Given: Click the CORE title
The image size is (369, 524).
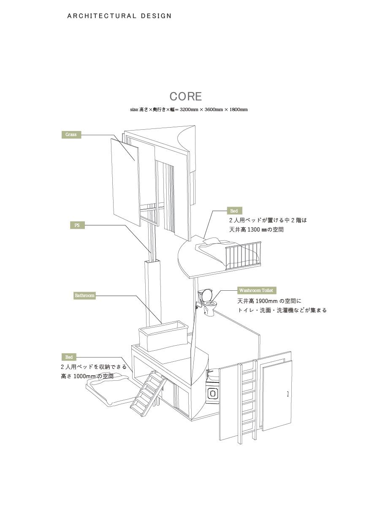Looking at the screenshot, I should (x=186, y=97).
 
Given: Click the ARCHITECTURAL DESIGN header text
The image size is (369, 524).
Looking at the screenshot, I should (x=119, y=16).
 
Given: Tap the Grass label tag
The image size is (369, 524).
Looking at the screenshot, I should (x=71, y=135).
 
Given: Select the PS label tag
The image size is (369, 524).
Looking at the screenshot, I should (x=77, y=226).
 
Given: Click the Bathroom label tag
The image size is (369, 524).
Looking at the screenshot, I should (x=84, y=295).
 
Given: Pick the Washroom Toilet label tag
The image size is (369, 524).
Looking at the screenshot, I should (x=256, y=291).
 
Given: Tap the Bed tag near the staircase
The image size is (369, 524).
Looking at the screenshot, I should (x=69, y=358).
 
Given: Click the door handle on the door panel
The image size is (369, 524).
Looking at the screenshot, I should (x=288, y=394).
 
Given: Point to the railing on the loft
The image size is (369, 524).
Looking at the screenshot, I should (x=244, y=255).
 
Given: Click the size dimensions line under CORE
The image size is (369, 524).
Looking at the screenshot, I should (x=189, y=110).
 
